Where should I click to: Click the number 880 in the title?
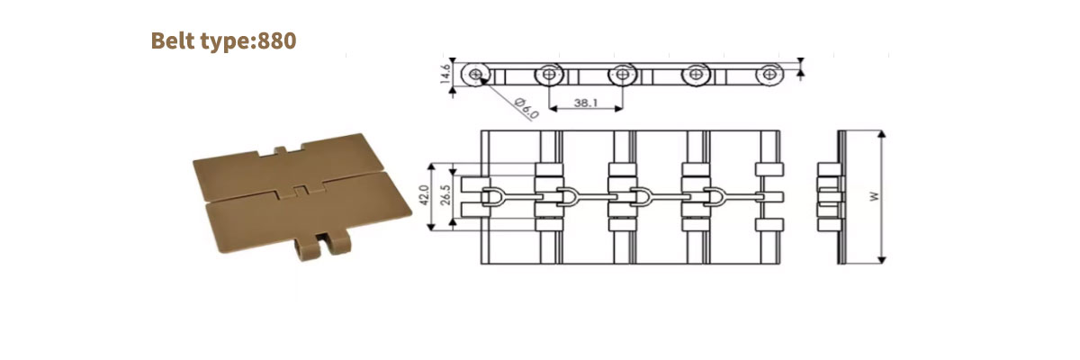click(277, 40)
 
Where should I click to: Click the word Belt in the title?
click(175, 40)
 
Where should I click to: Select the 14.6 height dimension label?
click(445, 73)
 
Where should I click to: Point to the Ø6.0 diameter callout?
click(526, 108)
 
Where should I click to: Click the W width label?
click(873, 196)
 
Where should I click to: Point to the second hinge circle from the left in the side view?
click(548, 74)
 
